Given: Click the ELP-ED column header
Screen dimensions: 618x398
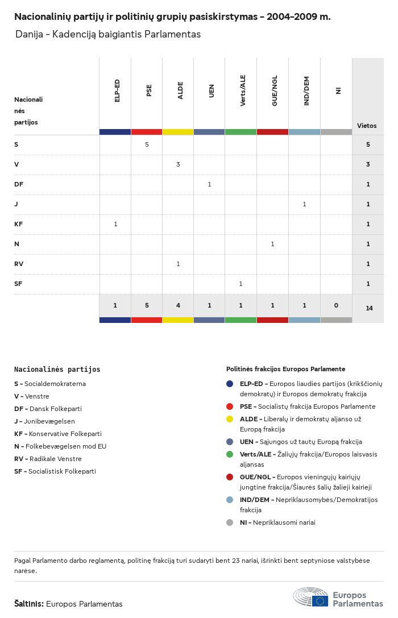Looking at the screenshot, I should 117,91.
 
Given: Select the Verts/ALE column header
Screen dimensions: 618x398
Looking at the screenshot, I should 243,91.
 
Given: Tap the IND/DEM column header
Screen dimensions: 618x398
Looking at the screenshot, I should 306,91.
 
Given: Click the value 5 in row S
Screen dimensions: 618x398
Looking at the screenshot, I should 147,144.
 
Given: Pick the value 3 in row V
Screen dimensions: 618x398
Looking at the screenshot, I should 178,164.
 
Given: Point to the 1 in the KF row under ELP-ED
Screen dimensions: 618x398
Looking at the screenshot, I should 115,224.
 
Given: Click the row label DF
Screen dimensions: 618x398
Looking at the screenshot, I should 19,184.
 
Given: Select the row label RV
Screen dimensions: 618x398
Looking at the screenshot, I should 19,264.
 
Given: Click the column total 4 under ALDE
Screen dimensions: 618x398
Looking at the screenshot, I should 178,305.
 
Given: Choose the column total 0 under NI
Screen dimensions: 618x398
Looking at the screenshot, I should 336,305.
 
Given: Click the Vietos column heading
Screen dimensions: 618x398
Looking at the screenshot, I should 367,126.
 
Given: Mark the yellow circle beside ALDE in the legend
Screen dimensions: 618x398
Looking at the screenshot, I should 230,419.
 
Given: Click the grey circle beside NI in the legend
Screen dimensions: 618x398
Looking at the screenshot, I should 230,522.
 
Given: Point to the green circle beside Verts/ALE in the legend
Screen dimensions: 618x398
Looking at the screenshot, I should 230,454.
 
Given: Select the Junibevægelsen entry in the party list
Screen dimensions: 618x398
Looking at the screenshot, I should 44,421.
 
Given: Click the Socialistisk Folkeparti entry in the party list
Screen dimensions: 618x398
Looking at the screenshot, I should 55,471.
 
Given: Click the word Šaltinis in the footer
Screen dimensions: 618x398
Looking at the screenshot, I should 28,604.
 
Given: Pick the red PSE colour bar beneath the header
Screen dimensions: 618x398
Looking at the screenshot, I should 147,132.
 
